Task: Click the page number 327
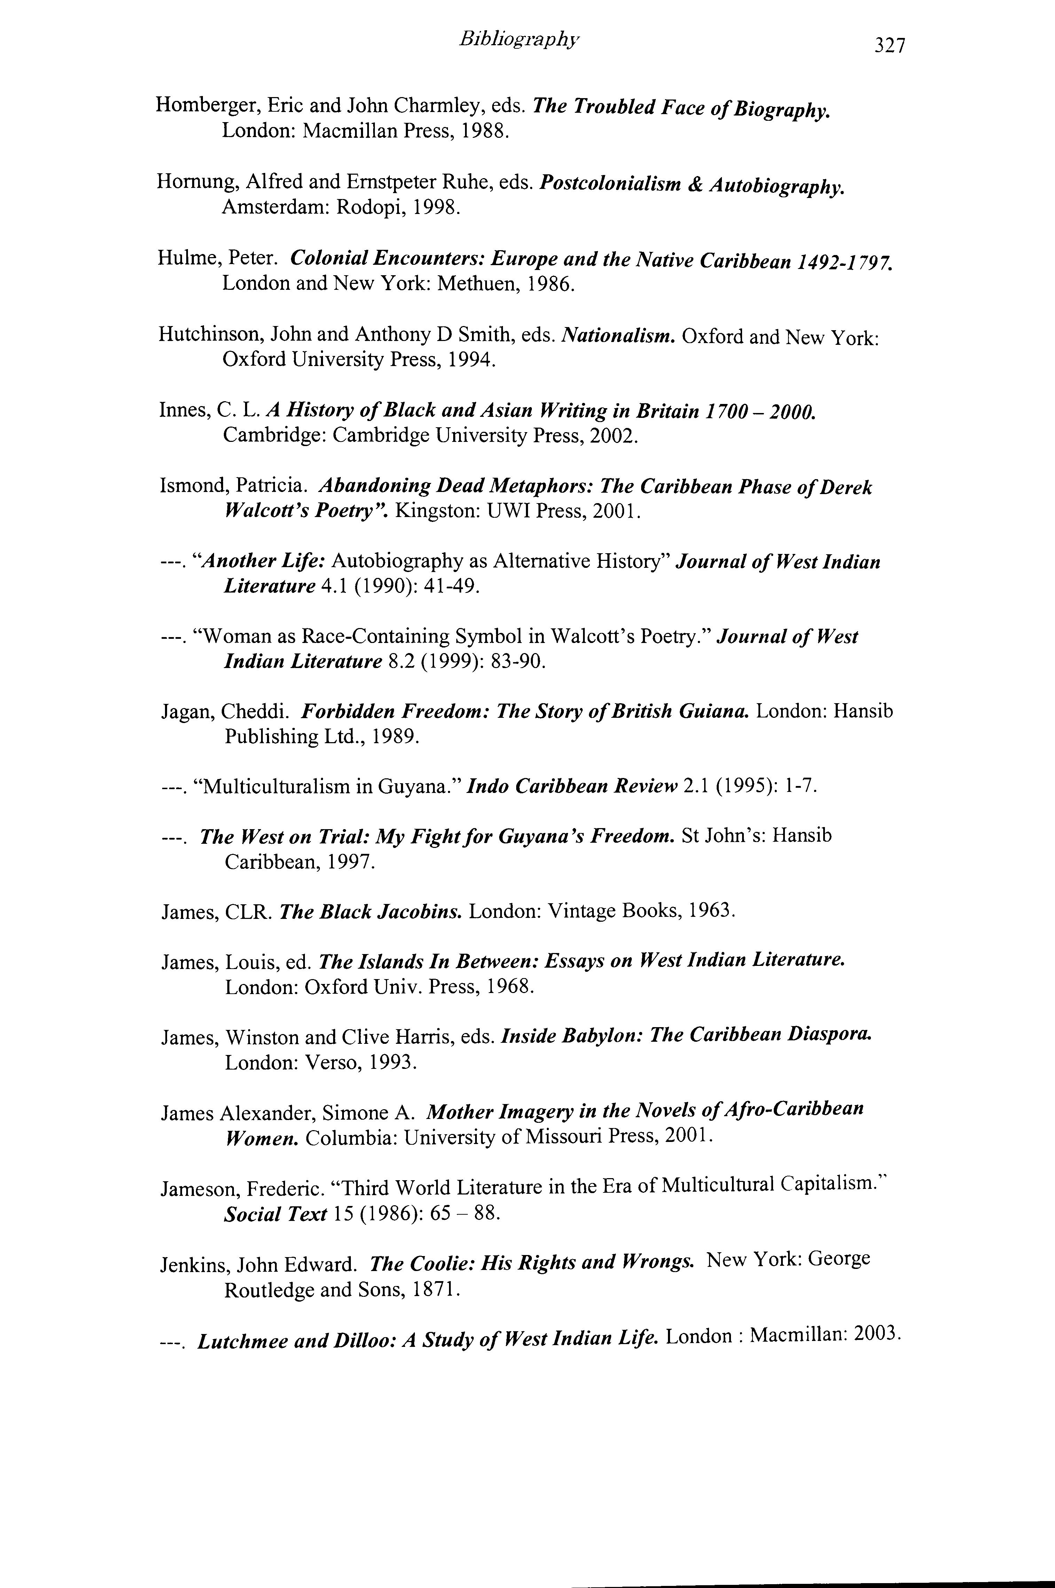[x=889, y=46]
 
